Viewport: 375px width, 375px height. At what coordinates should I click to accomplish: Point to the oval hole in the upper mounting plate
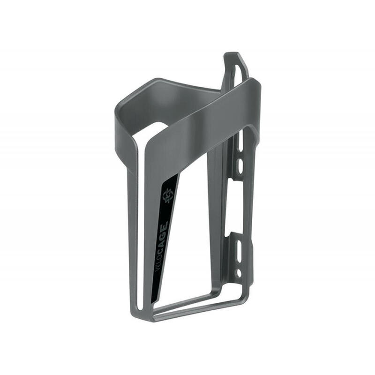point(238,165)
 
